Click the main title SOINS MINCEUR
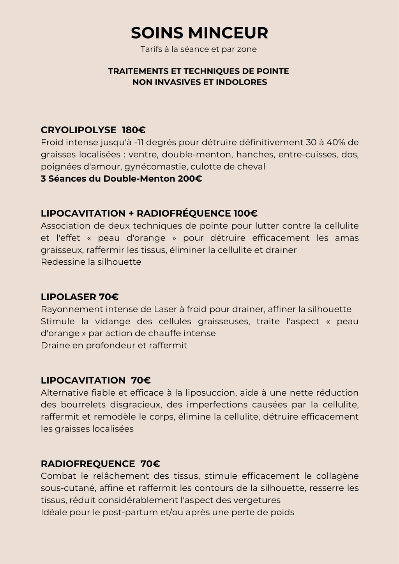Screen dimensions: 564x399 199,33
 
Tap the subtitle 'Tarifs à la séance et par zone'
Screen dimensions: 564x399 199,50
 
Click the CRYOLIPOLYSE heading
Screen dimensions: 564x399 78,130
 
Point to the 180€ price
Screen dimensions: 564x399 134,130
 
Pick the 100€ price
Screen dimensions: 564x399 245,213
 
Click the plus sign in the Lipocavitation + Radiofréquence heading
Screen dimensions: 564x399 131,214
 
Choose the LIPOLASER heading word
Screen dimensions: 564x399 69,297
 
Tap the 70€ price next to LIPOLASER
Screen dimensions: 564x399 109,297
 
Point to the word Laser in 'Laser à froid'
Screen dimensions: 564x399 165,309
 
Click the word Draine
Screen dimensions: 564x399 55,345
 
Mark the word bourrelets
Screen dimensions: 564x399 83,405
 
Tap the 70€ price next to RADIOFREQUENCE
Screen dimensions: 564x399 150,464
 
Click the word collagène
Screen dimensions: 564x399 337,476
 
